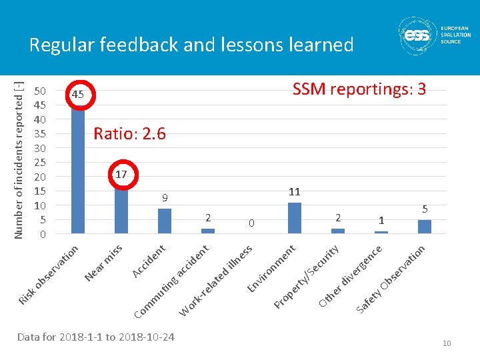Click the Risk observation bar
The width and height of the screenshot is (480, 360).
[78, 169]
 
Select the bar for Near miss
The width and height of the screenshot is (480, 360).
[121, 209]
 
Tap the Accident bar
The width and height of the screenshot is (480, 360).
[165, 221]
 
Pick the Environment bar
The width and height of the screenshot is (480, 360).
[295, 218]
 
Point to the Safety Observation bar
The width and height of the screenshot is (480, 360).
[425, 227]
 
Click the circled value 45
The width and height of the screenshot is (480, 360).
[78, 95]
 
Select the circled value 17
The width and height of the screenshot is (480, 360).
[121, 175]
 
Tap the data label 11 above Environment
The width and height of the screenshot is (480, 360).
[295, 192]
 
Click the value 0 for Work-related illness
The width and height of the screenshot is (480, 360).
[251, 223]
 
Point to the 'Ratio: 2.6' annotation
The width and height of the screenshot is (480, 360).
[129, 134]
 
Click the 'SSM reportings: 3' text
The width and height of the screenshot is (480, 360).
[359, 89]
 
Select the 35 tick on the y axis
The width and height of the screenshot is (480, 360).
[40, 134]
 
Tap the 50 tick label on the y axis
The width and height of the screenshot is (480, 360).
[40, 91]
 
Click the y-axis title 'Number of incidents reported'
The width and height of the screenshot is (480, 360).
[19, 160]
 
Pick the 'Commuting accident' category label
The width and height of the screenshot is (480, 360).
[172, 281]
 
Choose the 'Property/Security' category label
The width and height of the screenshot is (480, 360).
[307, 277]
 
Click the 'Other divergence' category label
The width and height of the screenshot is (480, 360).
[351, 276]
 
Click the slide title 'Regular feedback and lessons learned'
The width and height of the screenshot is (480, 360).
[191, 45]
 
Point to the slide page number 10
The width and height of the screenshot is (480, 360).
[447, 343]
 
